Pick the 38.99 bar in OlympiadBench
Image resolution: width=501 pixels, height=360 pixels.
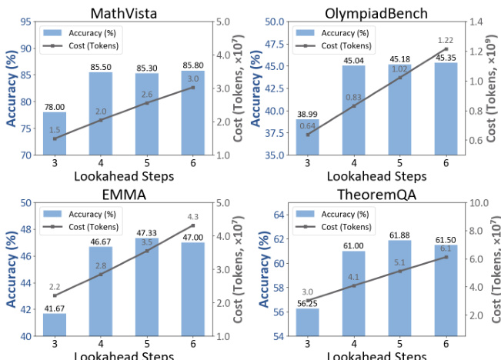click(308, 138)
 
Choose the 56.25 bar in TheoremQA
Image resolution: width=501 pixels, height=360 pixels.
click(308, 322)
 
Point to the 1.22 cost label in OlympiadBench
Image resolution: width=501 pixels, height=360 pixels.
click(446, 40)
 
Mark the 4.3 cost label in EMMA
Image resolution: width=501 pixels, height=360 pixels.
click(192, 217)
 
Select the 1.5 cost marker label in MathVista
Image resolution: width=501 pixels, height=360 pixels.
click(55, 129)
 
